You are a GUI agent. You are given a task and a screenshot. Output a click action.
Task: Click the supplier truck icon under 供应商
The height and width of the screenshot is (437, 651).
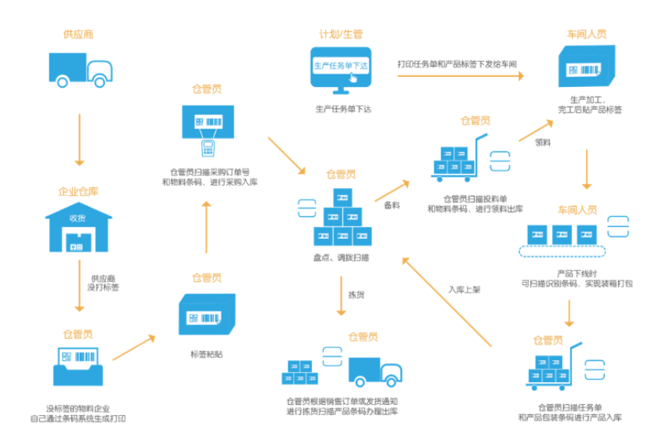(x=78, y=70)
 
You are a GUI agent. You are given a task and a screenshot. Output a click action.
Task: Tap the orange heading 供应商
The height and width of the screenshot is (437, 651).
(x=78, y=34)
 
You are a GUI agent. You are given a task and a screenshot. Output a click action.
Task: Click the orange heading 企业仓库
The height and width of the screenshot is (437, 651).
(x=78, y=191)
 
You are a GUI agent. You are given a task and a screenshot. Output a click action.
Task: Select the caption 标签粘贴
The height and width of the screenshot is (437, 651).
(x=206, y=354)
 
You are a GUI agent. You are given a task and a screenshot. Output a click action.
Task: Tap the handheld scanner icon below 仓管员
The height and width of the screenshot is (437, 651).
(x=208, y=146)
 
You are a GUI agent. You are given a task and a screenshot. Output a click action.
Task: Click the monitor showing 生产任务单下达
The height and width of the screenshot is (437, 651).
(x=341, y=70)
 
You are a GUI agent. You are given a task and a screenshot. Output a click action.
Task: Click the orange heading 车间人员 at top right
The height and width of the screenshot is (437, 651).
(x=586, y=34)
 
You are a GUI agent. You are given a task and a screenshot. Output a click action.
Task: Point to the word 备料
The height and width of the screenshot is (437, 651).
(x=392, y=205)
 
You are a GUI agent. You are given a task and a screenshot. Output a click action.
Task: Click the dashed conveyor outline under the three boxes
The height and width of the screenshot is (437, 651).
(x=562, y=251)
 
